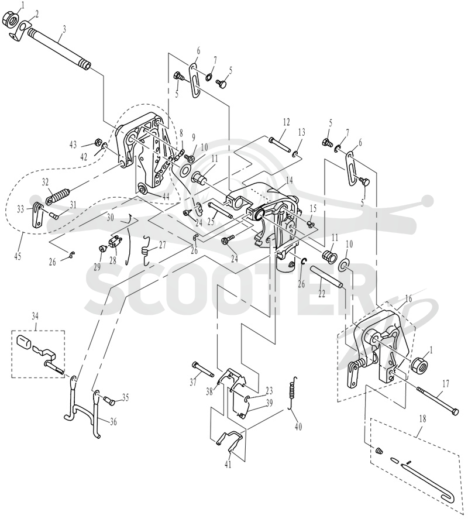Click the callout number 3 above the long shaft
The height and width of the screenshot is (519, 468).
pyautogui.click(x=64, y=29)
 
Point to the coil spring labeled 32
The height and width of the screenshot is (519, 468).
pyautogui.click(x=57, y=195)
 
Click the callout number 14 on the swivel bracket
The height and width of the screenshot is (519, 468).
pyautogui.click(x=290, y=181)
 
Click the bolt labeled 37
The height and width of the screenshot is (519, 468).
pyautogui.click(x=203, y=369)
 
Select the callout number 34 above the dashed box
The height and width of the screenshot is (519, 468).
pyautogui.click(x=36, y=317)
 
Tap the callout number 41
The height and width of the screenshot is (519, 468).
pyautogui.click(x=228, y=465)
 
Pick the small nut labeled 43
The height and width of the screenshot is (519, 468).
pyautogui.click(x=98, y=142)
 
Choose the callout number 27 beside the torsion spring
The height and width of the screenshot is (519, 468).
pyautogui.click(x=162, y=246)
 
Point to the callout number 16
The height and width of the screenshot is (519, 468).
pyautogui.click(x=408, y=299)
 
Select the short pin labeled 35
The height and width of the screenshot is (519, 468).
pyautogui.click(x=109, y=401)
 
